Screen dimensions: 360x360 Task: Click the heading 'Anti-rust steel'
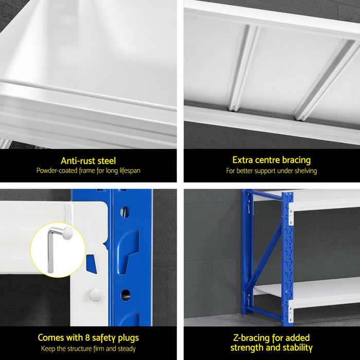click(x=88, y=161)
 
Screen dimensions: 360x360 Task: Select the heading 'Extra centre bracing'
click(x=272, y=160)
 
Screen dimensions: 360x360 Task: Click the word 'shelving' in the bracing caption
click(x=304, y=171)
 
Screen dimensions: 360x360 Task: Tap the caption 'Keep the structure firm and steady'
click(x=88, y=349)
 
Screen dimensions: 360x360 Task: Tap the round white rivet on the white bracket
click(x=95, y=295)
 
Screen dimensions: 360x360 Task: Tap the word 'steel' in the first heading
click(x=105, y=161)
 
